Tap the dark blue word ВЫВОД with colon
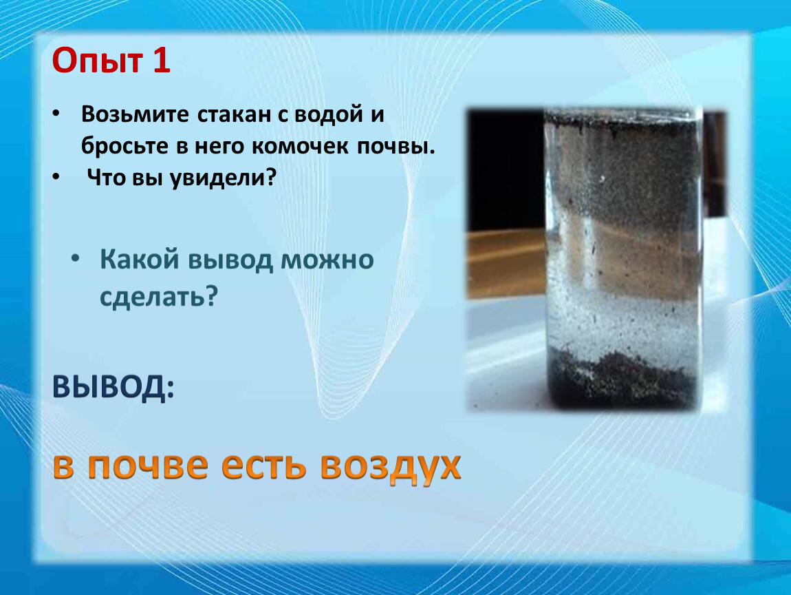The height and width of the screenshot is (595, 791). [113, 389]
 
